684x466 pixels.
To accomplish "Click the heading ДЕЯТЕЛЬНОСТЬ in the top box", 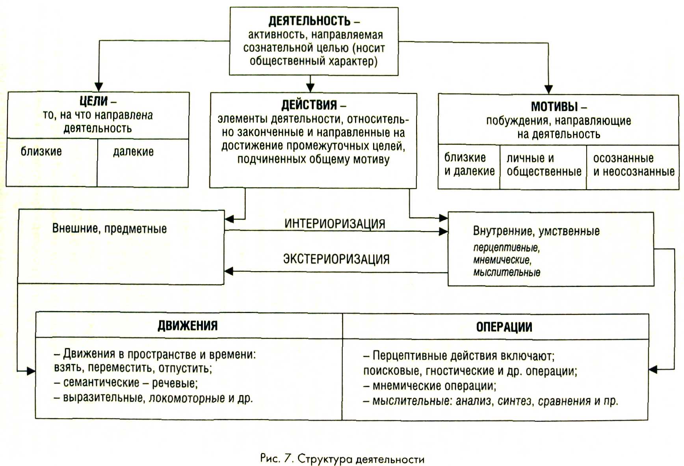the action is [310, 21].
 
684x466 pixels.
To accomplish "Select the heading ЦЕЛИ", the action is [94, 101].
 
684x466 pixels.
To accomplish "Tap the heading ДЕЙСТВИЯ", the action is [309, 105].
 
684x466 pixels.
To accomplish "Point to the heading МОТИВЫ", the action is [554, 106].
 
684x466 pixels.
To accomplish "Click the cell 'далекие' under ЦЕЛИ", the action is [134, 152].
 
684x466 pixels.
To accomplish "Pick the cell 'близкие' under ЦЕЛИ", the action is [41, 151].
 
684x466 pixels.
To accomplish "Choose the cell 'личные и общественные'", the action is [544, 165].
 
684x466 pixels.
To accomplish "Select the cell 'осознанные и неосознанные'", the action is [634, 165].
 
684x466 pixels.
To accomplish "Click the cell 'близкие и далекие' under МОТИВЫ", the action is [469, 164].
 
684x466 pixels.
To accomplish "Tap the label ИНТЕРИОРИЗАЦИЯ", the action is [335, 224].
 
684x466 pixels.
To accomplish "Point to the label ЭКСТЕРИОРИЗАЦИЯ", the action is [336, 259].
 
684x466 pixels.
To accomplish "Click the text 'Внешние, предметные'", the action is [110, 229].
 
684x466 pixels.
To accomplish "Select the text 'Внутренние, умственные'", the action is [536, 231].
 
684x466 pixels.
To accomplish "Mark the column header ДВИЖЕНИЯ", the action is [188, 326].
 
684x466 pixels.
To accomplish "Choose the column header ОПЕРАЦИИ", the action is [504, 327].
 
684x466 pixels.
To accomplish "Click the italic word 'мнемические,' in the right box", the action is [502, 260].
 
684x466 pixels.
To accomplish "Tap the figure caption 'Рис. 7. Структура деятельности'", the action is [342, 459].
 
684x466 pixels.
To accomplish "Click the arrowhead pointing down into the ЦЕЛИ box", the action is [99, 87].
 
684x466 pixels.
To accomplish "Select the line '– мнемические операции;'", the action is [430, 386].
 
